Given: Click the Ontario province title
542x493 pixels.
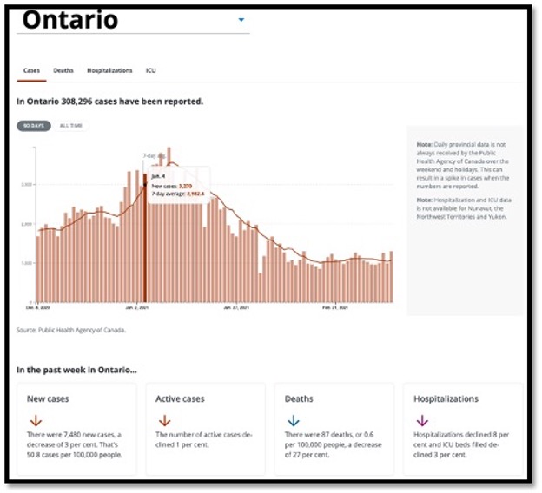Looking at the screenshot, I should coord(70,21).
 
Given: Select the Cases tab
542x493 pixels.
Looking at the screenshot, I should coord(31,70).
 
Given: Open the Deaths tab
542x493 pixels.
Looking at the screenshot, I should coord(63,70).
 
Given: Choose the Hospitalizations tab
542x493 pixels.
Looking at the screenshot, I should coord(109,70).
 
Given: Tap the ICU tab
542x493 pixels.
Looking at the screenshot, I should coord(151,70).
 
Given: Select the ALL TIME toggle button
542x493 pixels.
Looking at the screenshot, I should coord(69,126).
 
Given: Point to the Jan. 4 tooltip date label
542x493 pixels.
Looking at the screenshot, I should coord(158,176).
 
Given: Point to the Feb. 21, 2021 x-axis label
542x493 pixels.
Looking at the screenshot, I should coord(335,307).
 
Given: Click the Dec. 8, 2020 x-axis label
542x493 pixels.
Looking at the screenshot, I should coord(38,307).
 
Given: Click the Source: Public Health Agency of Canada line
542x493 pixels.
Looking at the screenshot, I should coord(71,330).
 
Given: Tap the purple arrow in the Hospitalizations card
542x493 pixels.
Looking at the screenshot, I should coord(422,421).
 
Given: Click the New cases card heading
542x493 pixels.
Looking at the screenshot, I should coord(49,398).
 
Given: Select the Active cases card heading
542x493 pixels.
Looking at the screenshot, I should coord(180,398).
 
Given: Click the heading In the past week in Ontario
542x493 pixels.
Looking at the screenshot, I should coord(76,370).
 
